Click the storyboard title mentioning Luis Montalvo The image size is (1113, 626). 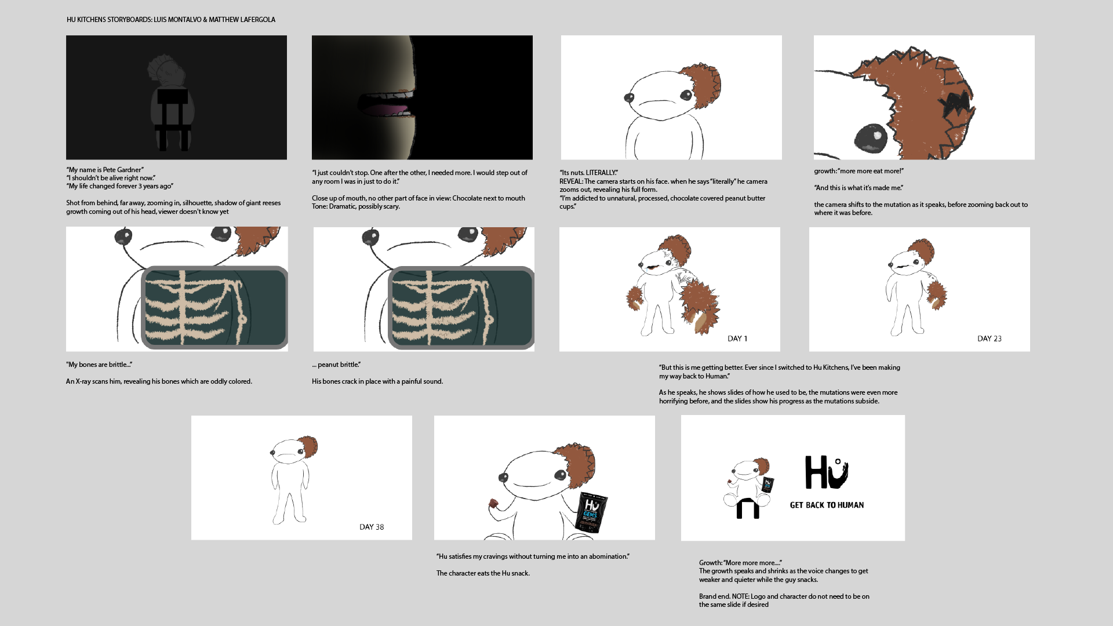(171, 20)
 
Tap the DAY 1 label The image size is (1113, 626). (737, 339)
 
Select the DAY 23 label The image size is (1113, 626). (989, 339)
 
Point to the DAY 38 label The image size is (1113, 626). (372, 527)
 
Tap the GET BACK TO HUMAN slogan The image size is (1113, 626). (827, 505)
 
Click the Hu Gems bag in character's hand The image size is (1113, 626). (592, 512)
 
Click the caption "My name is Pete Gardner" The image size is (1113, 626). (105, 170)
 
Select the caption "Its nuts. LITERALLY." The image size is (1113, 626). (588, 173)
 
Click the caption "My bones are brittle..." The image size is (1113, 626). (99, 365)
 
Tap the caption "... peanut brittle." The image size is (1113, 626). (336, 365)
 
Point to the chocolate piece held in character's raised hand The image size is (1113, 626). (493, 503)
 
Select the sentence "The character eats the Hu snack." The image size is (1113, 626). (483, 573)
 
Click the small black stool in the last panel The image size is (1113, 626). (747, 508)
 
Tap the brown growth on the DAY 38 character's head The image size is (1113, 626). (308, 447)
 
